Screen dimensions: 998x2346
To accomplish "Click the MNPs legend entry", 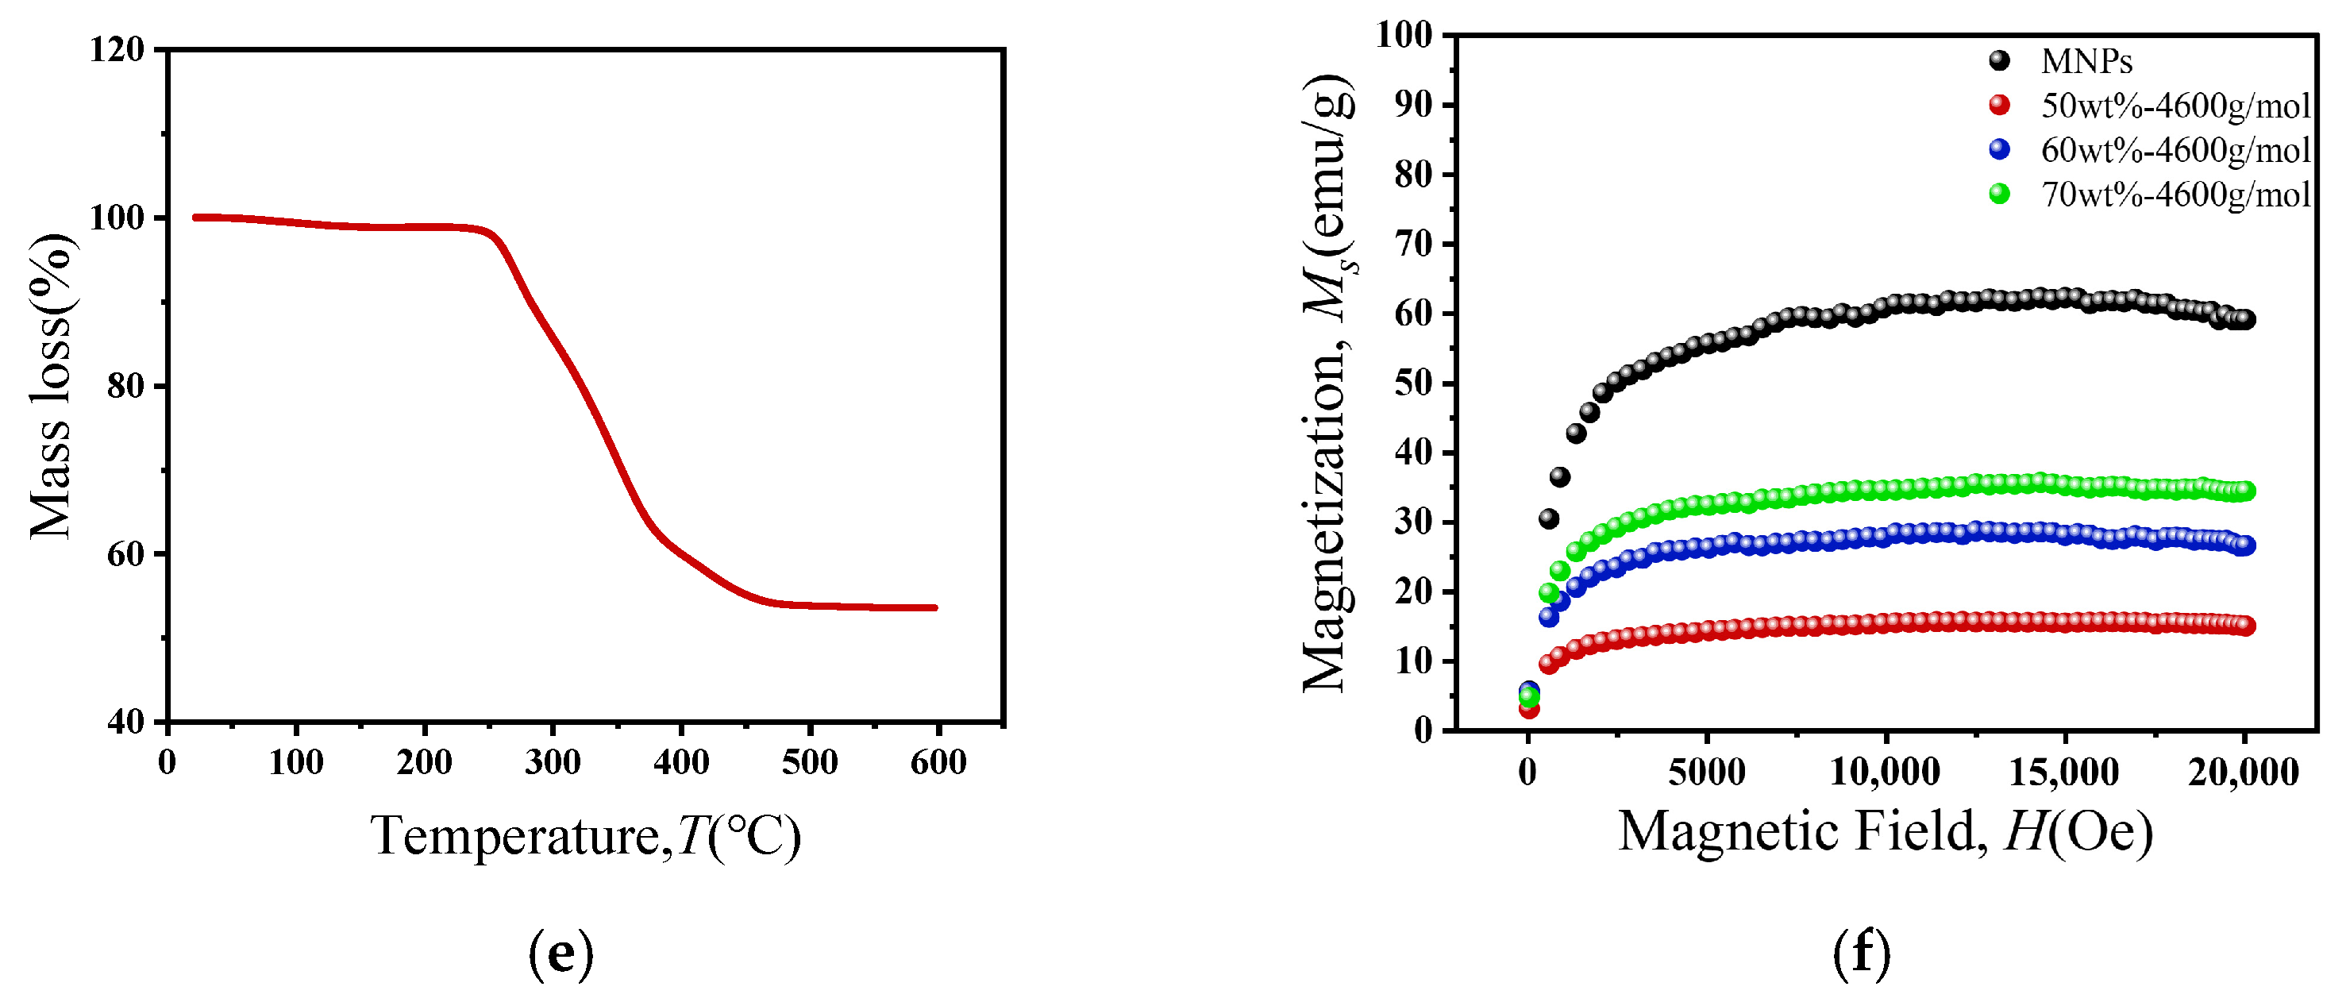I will pyautogui.click(x=2086, y=61).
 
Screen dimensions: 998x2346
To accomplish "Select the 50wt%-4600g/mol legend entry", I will pyautogui.click(x=2175, y=106).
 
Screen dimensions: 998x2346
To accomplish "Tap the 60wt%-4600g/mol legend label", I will pyautogui.click(x=2175, y=149).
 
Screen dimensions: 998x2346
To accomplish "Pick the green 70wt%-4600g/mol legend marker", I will pyautogui.click(x=1999, y=193).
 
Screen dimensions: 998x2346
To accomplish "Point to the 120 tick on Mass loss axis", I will pyautogui.click(x=117, y=49).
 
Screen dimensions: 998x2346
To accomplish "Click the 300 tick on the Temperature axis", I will pyautogui.click(x=553, y=761).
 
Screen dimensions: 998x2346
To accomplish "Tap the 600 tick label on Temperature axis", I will pyautogui.click(x=938, y=761).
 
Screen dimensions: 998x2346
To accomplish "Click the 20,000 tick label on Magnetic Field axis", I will pyautogui.click(x=2243, y=773).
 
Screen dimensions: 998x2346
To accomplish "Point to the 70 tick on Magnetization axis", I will pyautogui.click(x=1412, y=244).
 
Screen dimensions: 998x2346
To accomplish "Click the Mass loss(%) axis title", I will pyautogui.click(x=50, y=386).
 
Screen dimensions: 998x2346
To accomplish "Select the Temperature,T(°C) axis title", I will pyautogui.click(x=586, y=834).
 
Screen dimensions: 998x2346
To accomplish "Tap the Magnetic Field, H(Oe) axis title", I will pyautogui.click(x=1886, y=830).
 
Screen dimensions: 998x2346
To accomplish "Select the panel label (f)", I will pyautogui.click(x=1862, y=953).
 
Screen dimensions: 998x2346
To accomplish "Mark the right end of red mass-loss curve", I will pyautogui.click(x=935, y=607).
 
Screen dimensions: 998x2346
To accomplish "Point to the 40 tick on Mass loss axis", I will pyautogui.click(x=125, y=722).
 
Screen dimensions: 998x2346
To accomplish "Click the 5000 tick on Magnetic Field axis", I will pyautogui.click(x=1707, y=773).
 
